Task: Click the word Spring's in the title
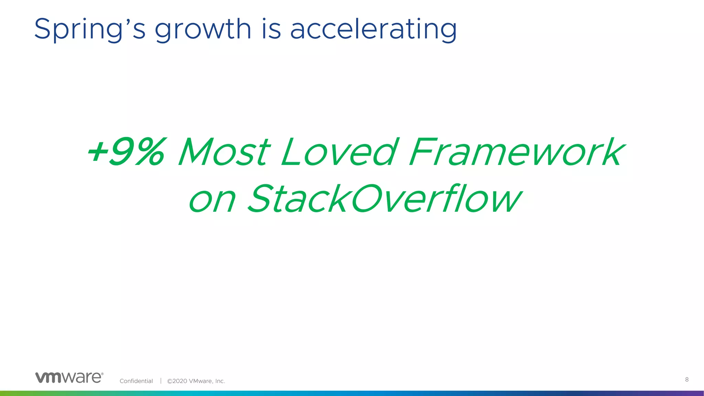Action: tap(90, 30)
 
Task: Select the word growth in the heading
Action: tap(203, 30)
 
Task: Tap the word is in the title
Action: tap(271, 29)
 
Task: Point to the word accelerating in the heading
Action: tap(374, 30)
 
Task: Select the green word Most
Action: tap(224, 152)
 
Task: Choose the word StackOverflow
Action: tap(385, 198)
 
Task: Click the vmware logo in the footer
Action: tap(69, 377)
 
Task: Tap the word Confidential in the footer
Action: tap(136, 381)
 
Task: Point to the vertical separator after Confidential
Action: tap(161, 381)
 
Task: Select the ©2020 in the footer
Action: tap(177, 381)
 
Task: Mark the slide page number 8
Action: tap(687, 379)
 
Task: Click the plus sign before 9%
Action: tap(97, 152)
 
